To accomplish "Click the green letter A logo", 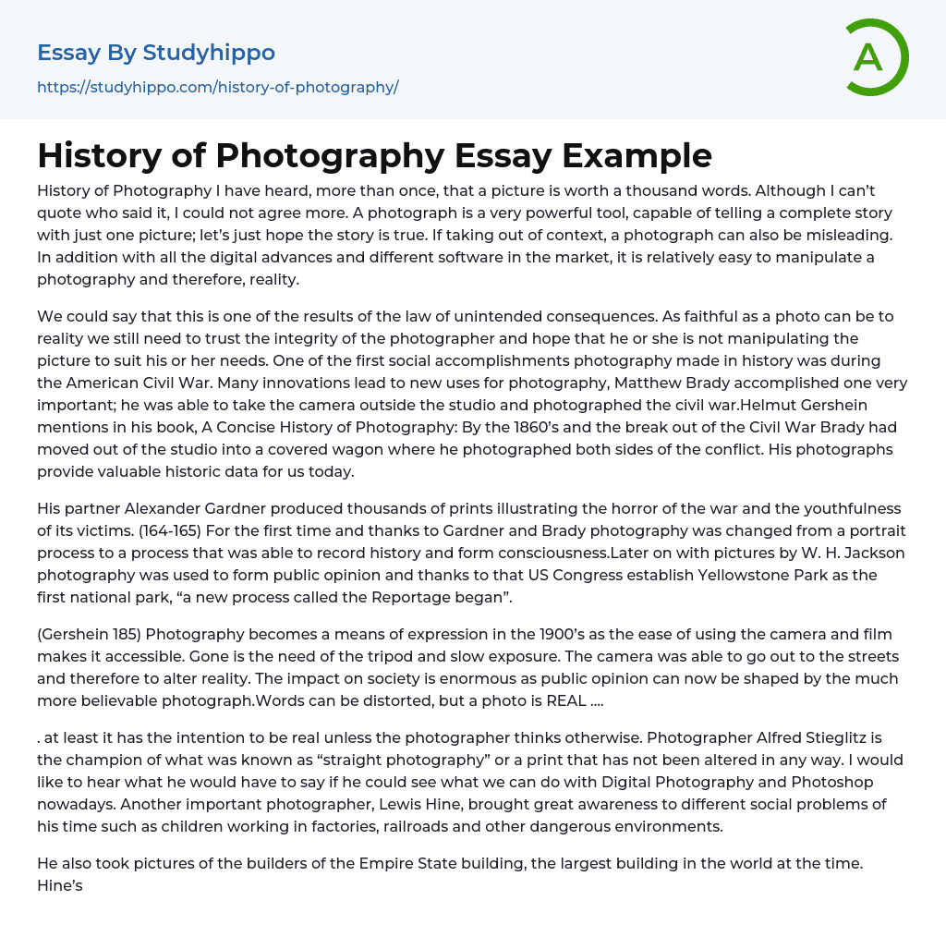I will [x=876, y=57].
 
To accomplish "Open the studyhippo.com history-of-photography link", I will [x=218, y=88].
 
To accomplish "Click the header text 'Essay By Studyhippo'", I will [x=156, y=53].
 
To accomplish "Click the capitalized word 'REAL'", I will [x=564, y=700].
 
